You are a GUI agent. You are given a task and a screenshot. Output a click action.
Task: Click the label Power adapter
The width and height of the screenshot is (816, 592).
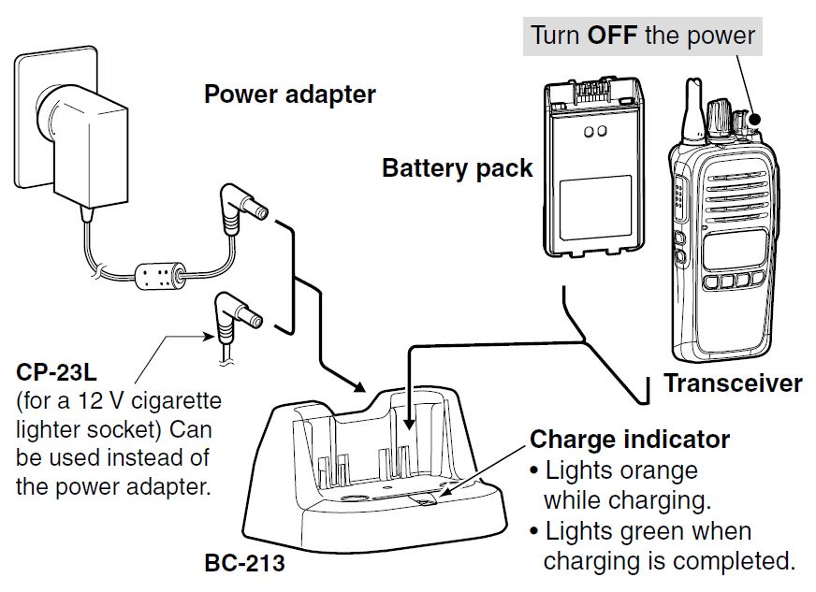290,94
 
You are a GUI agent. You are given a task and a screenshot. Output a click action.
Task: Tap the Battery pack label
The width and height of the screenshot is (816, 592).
457,169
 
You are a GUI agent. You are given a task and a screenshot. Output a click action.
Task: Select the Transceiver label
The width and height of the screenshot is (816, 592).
733,383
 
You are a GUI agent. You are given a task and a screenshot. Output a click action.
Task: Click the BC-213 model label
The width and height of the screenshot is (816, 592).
243,564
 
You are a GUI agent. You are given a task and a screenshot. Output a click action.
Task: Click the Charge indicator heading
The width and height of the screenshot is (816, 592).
630,439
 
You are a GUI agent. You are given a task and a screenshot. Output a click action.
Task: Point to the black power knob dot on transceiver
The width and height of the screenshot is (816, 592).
755,120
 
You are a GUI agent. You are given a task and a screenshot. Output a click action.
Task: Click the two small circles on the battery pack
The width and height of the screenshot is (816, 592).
593,132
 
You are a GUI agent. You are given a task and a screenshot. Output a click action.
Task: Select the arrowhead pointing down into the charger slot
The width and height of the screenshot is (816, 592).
407,428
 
